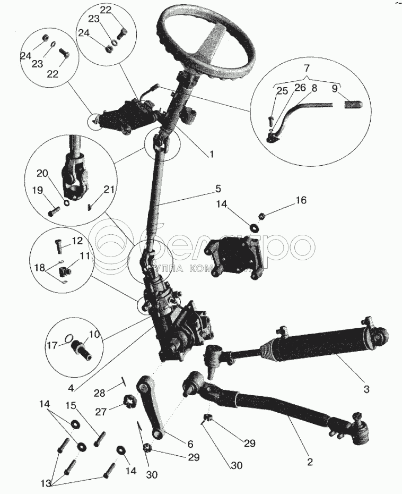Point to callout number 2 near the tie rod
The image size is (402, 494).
[310, 462]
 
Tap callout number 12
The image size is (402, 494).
[77, 241]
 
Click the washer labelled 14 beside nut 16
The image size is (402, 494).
[254, 227]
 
